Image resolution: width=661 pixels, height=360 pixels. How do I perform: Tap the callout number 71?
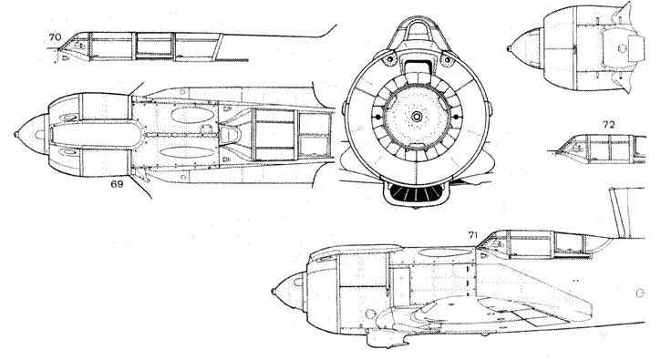472,235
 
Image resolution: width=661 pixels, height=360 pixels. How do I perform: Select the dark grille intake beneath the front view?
416,195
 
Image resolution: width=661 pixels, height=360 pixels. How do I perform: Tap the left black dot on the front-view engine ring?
374,118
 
